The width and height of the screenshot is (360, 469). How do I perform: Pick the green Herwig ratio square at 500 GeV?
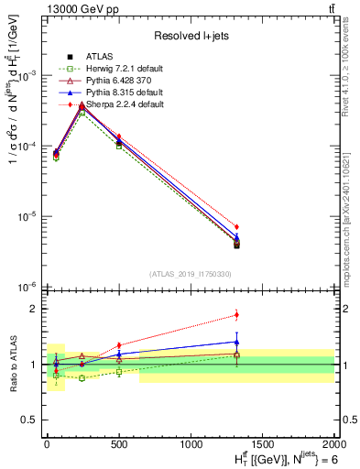(x=119, y=372)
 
